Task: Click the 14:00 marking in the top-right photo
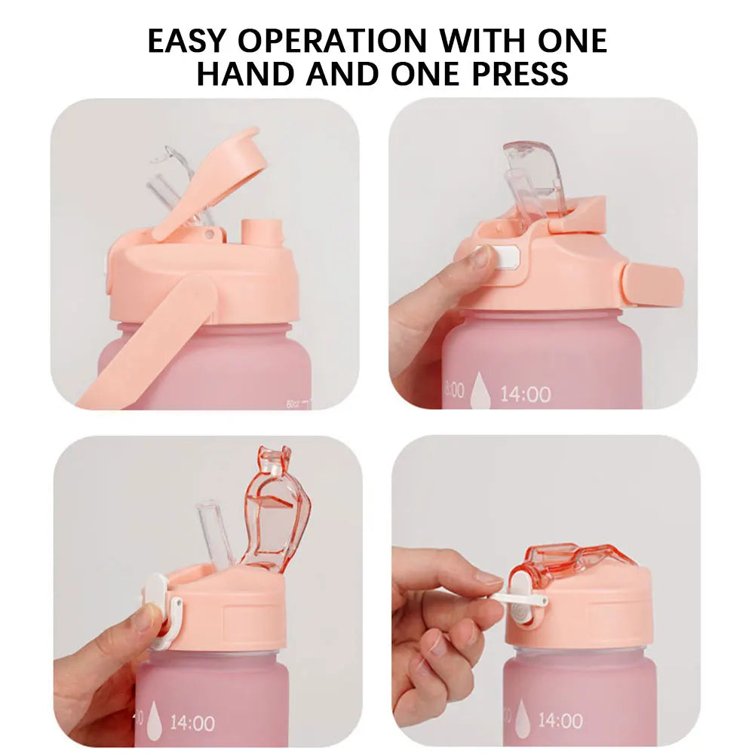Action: pyautogui.click(x=526, y=394)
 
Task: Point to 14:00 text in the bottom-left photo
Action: pyautogui.click(x=192, y=723)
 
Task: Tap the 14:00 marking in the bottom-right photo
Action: pyautogui.click(x=560, y=720)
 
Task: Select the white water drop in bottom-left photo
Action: pyautogui.click(x=154, y=720)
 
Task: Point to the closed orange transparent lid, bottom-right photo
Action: pyautogui.click(x=569, y=560)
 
